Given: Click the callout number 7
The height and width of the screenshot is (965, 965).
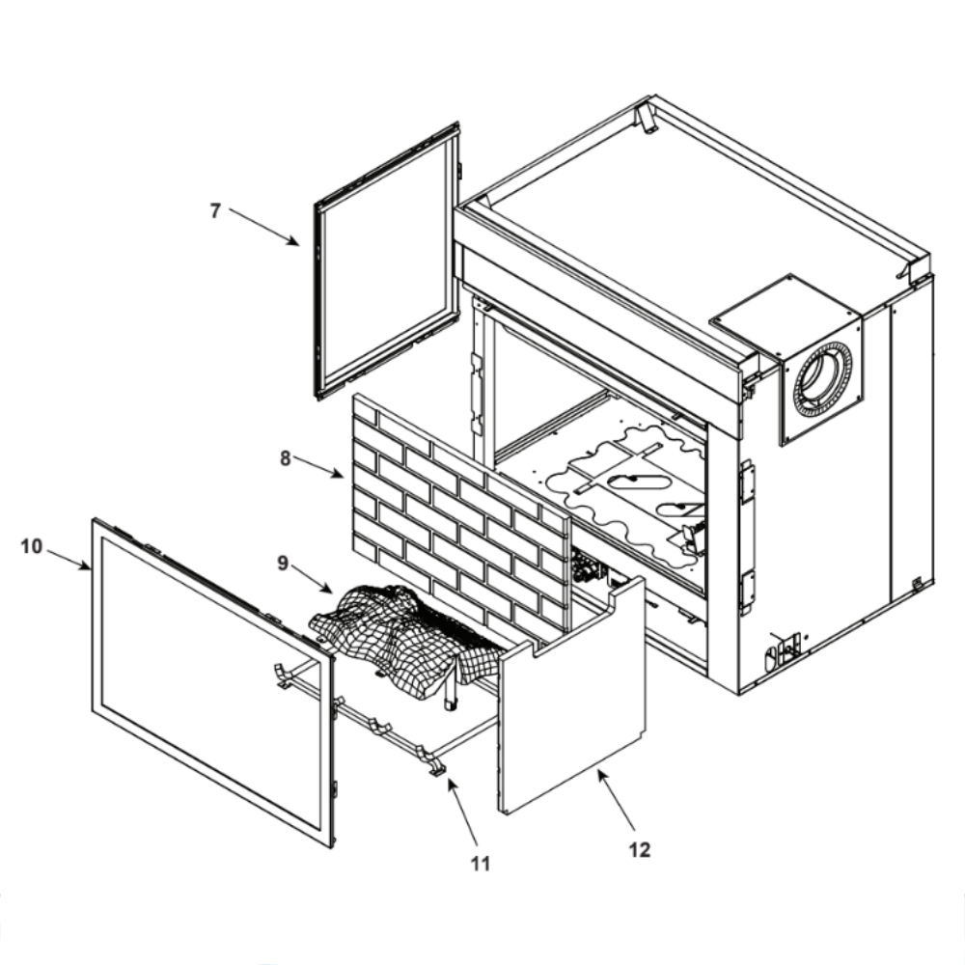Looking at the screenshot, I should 216,210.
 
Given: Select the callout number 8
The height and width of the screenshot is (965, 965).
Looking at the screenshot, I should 286,458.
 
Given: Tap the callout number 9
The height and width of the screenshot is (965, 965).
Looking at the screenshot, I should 283,563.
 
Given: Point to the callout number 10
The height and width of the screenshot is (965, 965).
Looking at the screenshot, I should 31,546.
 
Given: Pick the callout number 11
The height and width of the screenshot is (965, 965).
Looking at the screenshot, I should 481,864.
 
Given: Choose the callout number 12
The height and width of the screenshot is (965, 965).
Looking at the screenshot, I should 639,849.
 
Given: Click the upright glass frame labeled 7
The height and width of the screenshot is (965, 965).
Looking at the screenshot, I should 386,261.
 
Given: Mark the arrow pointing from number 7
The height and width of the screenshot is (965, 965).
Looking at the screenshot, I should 264,227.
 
